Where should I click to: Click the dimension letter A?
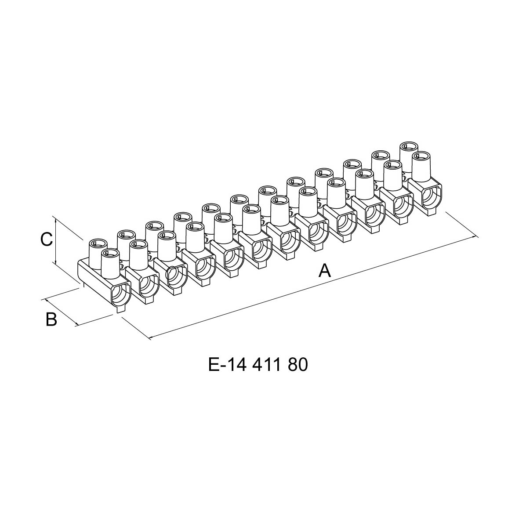[324, 271]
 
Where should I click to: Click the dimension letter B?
[51, 319]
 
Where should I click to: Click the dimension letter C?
[47, 240]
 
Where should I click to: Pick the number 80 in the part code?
[298, 364]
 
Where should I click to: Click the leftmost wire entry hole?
[120, 294]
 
